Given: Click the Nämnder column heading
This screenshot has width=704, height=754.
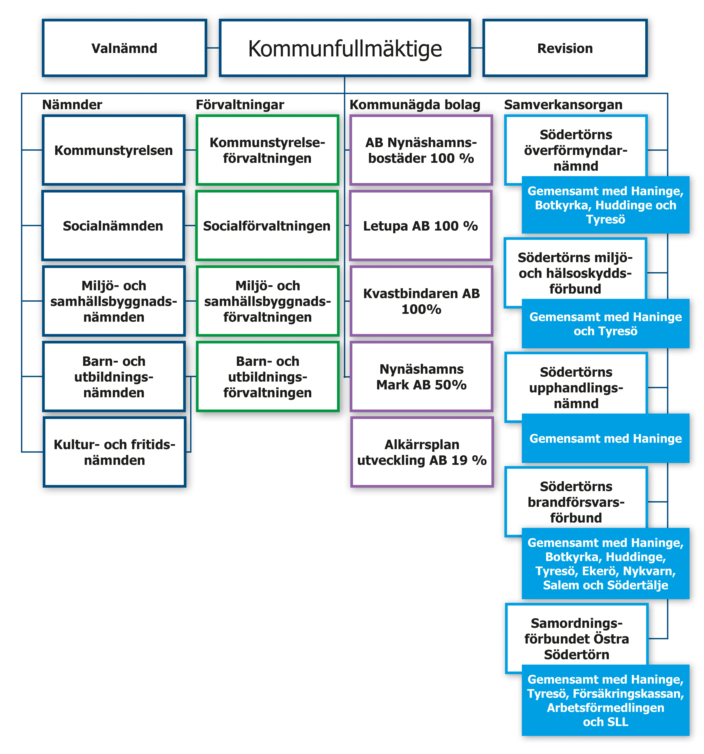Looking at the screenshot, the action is coord(72,105).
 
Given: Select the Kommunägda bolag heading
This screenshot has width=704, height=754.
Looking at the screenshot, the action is coord(415,105).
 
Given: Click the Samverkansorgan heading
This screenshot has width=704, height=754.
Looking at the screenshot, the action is coord(563,105).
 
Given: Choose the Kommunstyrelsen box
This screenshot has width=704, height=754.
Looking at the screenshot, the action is coord(113,150).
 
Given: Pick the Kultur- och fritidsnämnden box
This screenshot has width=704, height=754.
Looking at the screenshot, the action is coord(114,452).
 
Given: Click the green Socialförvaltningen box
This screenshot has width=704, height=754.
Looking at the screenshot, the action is coord(267,226).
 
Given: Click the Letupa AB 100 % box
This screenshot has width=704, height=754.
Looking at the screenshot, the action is coord(421,226).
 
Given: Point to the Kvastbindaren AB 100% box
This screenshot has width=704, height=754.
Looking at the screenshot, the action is coord(421,301).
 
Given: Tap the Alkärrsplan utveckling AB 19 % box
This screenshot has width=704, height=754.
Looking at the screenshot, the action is coord(422,452).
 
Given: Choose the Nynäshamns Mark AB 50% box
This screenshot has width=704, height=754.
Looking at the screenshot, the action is coord(421,377).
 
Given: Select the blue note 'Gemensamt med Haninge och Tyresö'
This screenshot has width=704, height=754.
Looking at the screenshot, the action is coord(605,324).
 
